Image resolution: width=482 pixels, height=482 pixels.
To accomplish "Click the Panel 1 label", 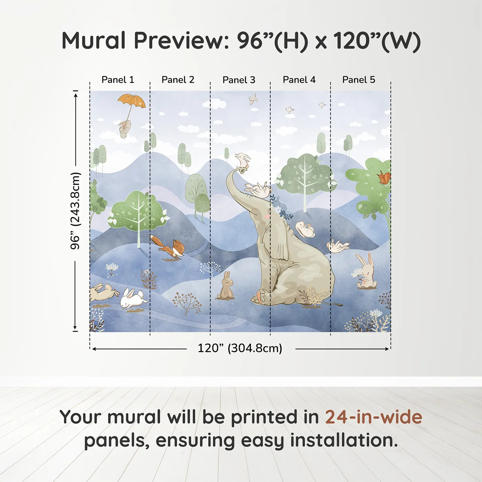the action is (118, 80).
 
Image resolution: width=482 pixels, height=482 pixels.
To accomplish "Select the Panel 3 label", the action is (239, 80).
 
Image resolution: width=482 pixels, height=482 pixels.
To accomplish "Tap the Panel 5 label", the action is (359, 80).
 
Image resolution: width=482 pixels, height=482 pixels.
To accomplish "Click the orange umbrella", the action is (132, 101).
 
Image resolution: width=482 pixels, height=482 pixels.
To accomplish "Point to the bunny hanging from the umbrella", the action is (124, 128).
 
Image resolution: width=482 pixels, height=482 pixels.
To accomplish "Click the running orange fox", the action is (168, 248).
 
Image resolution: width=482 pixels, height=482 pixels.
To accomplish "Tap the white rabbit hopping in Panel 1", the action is (132, 298).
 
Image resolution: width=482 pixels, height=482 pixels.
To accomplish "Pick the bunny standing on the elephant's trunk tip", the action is (243, 160).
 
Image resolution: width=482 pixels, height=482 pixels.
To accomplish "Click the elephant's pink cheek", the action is (267, 216).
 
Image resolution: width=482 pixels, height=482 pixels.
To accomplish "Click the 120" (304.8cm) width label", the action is (240, 348).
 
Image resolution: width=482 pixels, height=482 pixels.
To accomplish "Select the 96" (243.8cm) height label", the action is (75, 211).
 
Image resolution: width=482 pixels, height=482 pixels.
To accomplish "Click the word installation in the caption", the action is (344, 440).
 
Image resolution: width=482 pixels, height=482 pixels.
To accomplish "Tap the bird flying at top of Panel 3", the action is (253, 99).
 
